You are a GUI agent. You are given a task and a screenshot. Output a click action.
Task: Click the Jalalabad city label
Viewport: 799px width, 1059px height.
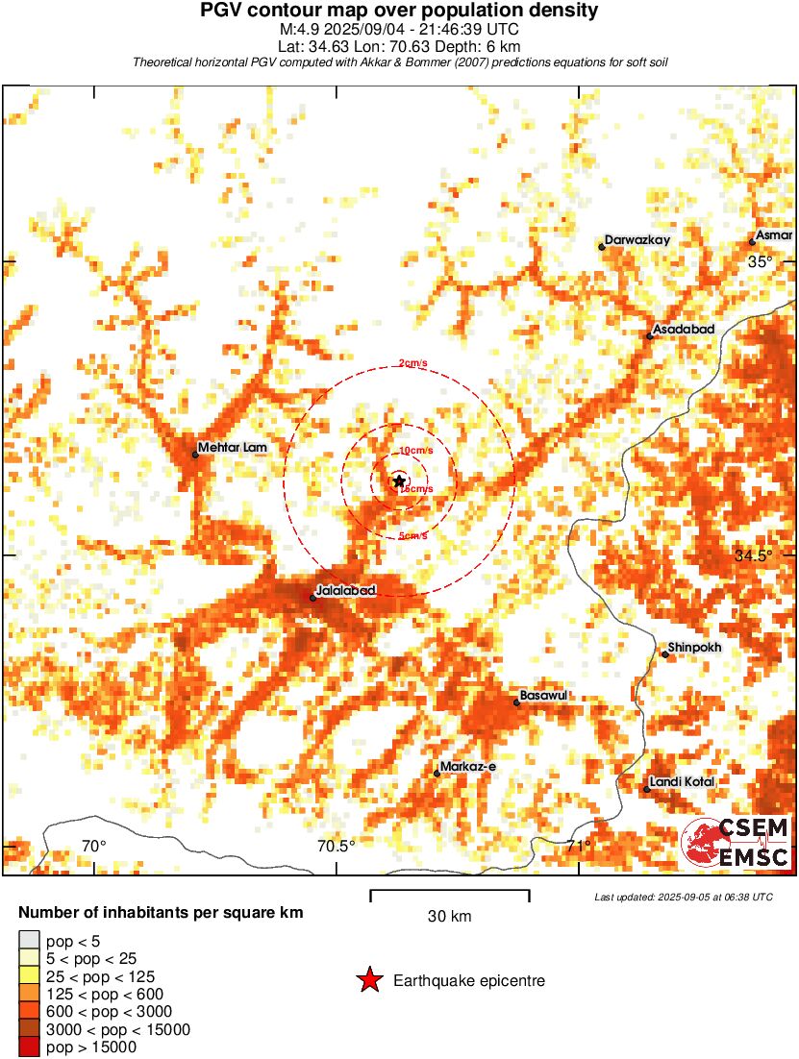coord(345,589)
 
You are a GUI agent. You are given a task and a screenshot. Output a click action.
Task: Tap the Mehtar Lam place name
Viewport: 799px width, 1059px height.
coord(233,448)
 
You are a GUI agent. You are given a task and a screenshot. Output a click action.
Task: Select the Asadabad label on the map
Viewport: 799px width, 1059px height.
coord(684,330)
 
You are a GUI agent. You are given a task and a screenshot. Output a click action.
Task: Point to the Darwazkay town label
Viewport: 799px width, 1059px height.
coord(636,240)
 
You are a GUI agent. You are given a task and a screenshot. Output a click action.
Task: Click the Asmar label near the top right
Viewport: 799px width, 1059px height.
coord(774,234)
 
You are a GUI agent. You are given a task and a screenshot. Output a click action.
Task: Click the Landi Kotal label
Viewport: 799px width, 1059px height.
coord(682,782)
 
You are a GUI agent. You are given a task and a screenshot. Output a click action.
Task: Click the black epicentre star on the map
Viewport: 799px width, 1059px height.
coord(398,480)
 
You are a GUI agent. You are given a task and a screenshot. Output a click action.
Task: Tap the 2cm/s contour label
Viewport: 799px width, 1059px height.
coord(412,363)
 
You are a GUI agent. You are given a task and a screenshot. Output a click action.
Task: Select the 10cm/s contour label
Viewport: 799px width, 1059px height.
coord(415,451)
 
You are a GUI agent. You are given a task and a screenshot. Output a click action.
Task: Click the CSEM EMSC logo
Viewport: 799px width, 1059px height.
coord(736,842)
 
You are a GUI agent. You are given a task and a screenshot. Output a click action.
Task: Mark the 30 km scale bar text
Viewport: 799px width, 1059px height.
coord(449,917)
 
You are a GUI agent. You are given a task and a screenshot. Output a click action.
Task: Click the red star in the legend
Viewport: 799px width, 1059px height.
coord(369,980)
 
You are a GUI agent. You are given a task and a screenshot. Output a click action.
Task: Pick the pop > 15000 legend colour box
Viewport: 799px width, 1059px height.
coord(29,1047)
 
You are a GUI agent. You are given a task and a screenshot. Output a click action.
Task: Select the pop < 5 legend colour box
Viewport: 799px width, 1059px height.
coord(29,940)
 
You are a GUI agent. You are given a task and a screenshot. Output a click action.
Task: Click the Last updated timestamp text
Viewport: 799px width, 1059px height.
coord(683,897)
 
